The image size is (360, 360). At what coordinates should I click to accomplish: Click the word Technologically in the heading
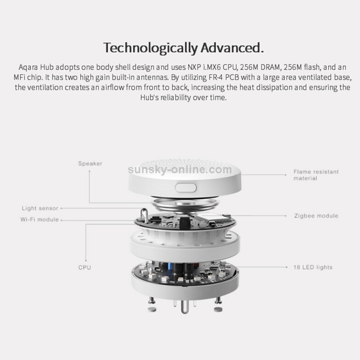150,48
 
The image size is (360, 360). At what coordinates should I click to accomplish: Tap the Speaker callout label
90,164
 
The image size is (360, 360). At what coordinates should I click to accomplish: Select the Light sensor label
40,208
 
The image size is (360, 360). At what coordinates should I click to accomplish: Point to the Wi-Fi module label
39,219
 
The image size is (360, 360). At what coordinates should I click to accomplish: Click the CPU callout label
84,267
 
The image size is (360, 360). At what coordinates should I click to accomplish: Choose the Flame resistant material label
316,175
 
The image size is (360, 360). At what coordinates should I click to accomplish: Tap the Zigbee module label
316,216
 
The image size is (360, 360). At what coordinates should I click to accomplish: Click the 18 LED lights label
313,267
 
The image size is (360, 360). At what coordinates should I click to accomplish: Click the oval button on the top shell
186,188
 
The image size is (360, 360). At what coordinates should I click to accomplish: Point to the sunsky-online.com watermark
180,169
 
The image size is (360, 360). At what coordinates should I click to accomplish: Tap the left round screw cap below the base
152,310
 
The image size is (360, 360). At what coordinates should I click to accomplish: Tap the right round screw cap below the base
218,310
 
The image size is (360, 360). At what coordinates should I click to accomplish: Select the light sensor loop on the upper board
144,215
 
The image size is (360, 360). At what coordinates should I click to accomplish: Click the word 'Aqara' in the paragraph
28,68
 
